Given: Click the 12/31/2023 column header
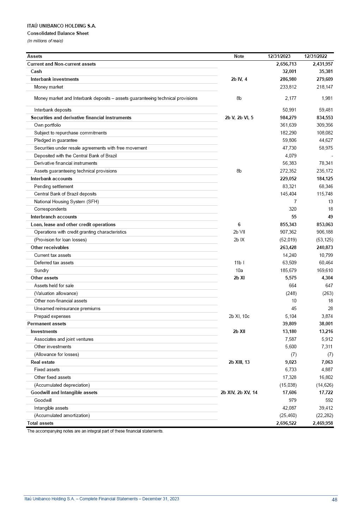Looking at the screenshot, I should (x=279, y=56).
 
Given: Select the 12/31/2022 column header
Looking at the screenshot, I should (x=316, y=56).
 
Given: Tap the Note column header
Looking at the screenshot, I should (x=239, y=56).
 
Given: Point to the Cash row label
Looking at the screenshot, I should (x=36, y=71).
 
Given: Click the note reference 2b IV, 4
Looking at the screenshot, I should (x=239, y=79).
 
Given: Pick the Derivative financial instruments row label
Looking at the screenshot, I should (x=66, y=163).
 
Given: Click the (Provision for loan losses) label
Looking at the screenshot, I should (x=60, y=240).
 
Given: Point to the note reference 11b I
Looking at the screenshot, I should (x=239, y=262).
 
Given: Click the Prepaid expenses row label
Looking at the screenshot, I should (x=52, y=316).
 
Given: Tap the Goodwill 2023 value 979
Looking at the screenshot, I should (x=292, y=400).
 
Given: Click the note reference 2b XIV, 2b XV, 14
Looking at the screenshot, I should (x=239, y=392).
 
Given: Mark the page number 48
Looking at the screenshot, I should (x=334, y=499).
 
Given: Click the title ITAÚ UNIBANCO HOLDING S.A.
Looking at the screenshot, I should (x=61, y=26).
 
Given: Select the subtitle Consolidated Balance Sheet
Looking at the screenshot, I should (x=58, y=33).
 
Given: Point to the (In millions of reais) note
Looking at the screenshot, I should (x=45, y=41).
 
